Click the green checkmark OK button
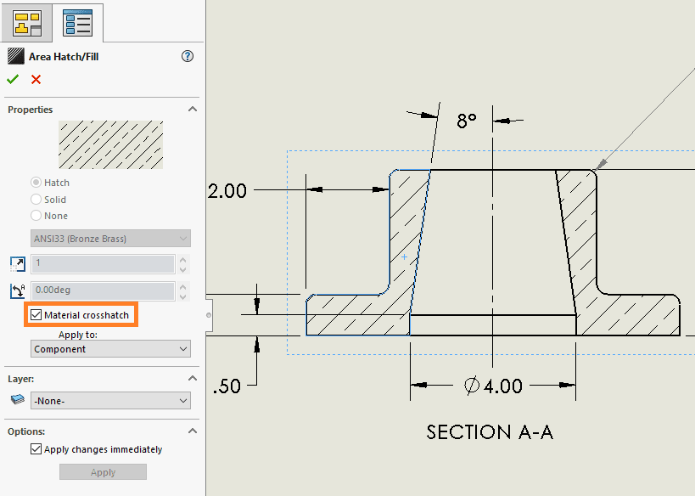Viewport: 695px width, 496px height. coord(13,79)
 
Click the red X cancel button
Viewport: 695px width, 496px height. coord(36,79)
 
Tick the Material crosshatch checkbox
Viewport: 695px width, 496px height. coord(36,315)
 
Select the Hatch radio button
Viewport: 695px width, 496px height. coord(36,183)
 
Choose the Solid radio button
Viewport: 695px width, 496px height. coord(36,200)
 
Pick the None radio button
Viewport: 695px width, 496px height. coord(36,216)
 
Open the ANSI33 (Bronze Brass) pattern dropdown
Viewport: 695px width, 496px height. coord(109,239)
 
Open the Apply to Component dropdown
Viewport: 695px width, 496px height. coord(109,349)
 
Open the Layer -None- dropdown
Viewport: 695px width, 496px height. coord(109,401)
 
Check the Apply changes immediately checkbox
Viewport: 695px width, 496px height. coord(36,449)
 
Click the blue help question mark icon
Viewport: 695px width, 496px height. coord(188,57)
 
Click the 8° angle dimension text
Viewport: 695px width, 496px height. coord(467,121)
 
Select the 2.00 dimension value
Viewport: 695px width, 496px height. coord(227,191)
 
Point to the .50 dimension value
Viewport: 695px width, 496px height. coord(227,386)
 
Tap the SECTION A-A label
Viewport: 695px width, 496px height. coord(490,432)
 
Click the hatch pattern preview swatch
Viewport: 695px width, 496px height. coord(110,144)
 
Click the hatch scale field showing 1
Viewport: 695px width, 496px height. coord(102,263)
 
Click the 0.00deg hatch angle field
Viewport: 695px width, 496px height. coord(102,290)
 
